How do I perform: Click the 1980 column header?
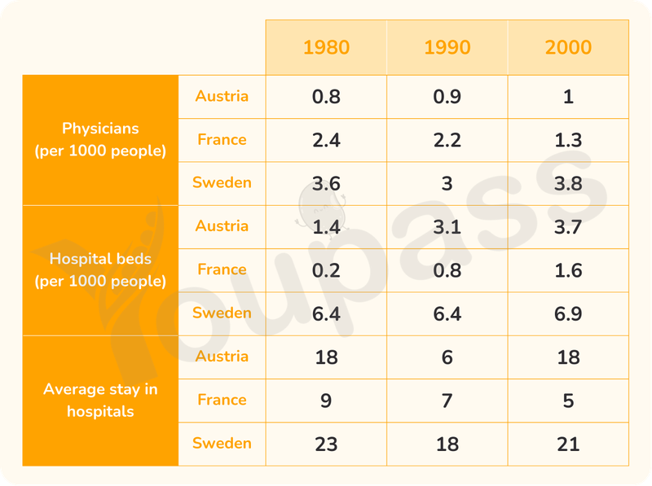[x=326, y=47]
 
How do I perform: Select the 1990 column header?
[x=447, y=47]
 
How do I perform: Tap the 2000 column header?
[x=568, y=47]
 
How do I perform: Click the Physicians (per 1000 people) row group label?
[x=100, y=139]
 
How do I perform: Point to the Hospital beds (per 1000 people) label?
[x=100, y=270]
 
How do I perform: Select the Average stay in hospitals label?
[x=100, y=400]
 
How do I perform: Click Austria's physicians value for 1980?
[x=326, y=97]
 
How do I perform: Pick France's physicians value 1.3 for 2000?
[x=568, y=140]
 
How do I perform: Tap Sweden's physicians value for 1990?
[x=447, y=183]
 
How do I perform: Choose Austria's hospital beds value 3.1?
[x=447, y=227]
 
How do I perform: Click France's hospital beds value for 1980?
[x=326, y=270]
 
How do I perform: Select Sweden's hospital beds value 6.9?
[x=568, y=313]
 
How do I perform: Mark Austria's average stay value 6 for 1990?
[x=447, y=357]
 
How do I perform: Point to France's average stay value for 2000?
[x=568, y=401]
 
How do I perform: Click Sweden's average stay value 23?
[x=326, y=444]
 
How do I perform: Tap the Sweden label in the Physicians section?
[x=222, y=182]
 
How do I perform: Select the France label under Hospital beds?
[x=222, y=269]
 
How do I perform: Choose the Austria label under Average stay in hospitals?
[x=222, y=356]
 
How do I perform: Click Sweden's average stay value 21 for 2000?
[x=568, y=444]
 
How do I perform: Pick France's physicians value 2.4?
[x=326, y=140]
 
